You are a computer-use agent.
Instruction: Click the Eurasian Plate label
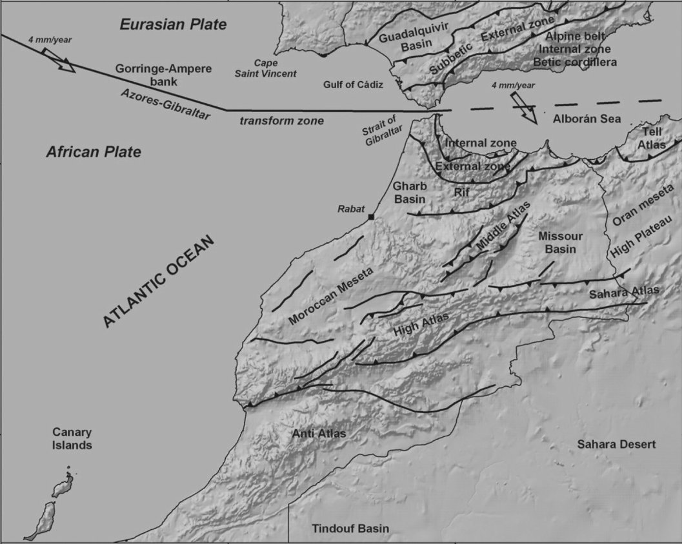(x=174, y=25)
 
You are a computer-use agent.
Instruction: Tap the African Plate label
(x=93, y=153)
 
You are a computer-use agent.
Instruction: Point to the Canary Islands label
(x=72, y=439)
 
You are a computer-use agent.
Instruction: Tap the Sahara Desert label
(x=616, y=444)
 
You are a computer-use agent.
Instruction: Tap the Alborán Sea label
(x=587, y=119)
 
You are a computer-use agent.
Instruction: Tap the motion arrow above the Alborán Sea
(x=523, y=107)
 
